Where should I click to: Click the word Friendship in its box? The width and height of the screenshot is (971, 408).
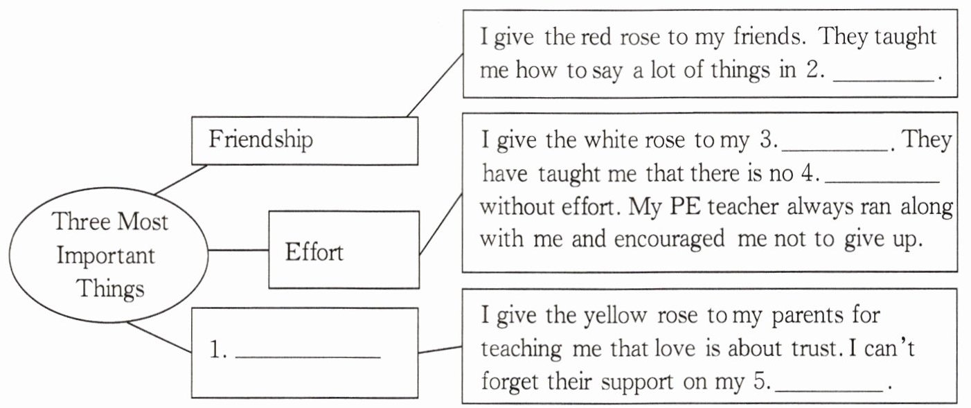(260, 139)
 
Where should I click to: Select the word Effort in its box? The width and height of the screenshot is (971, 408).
(314, 251)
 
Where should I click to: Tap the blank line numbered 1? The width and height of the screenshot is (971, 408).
(308, 357)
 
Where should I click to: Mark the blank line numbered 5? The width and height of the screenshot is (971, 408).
(830, 391)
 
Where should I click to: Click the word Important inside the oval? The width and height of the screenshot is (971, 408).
(105, 255)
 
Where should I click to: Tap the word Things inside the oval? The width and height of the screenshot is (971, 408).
(110, 287)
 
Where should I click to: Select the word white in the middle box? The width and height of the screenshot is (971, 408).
(616, 141)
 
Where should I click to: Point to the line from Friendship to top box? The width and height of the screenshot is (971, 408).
(434, 85)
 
